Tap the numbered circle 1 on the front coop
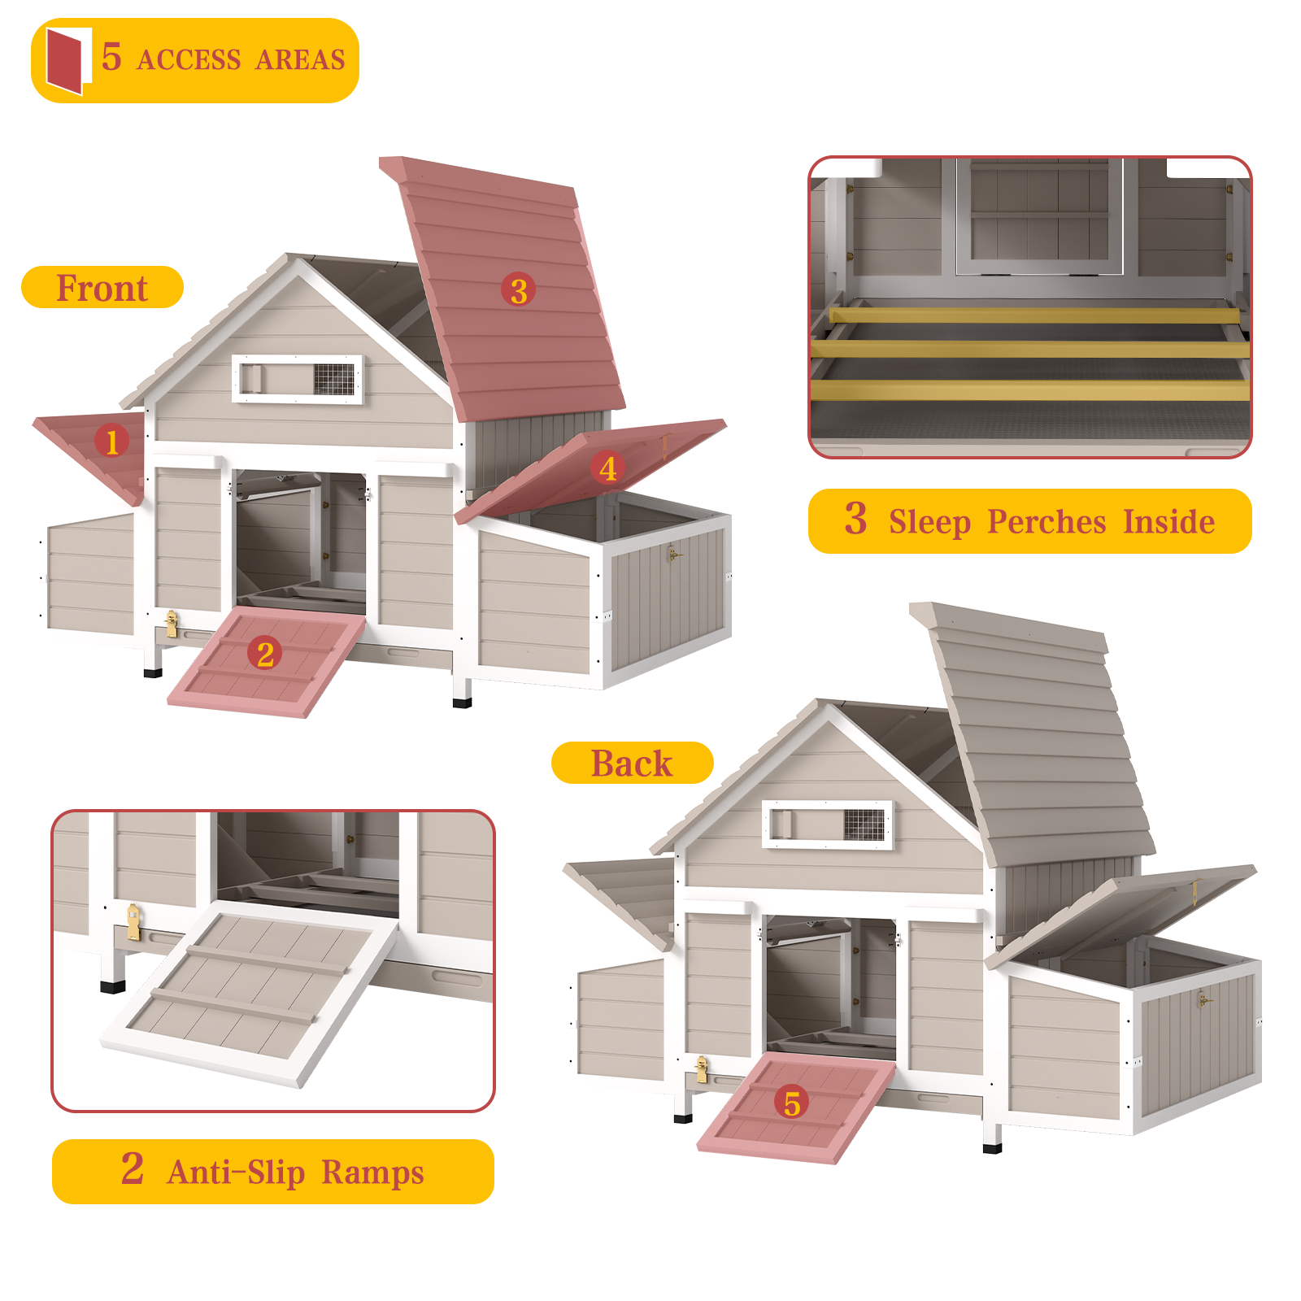(x=111, y=442)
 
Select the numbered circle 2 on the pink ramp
(x=265, y=654)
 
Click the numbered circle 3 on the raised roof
(x=519, y=290)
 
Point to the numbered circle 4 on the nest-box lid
(x=607, y=468)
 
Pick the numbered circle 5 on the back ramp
(x=792, y=1103)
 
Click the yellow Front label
(x=102, y=288)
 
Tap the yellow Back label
(x=632, y=764)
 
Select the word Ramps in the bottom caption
(x=372, y=1173)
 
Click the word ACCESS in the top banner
(x=189, y=60)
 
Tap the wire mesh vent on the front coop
(x=334, y=378)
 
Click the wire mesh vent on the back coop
(x=864, y=824)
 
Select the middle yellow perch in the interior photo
(x=1029, y=350)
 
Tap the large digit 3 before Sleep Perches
(x=855, y=519)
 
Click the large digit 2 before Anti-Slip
(x=133, y=1169)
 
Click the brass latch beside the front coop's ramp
(x=171, y=623)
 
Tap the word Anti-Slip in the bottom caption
(x=236, y=1173)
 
